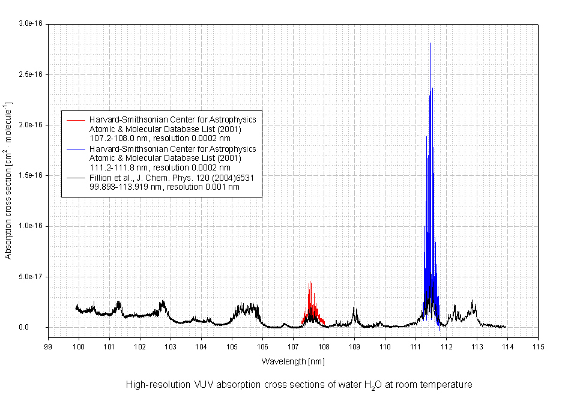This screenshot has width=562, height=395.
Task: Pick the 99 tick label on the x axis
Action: coord(48,346)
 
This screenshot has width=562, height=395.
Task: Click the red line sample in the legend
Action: coord(75,119)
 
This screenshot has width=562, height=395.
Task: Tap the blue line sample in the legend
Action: coord(75,148)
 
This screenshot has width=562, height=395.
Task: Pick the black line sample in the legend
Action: coord(75,177)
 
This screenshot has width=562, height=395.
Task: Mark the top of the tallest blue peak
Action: coord(430,43)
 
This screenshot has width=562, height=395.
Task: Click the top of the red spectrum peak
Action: coord(310,281)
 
